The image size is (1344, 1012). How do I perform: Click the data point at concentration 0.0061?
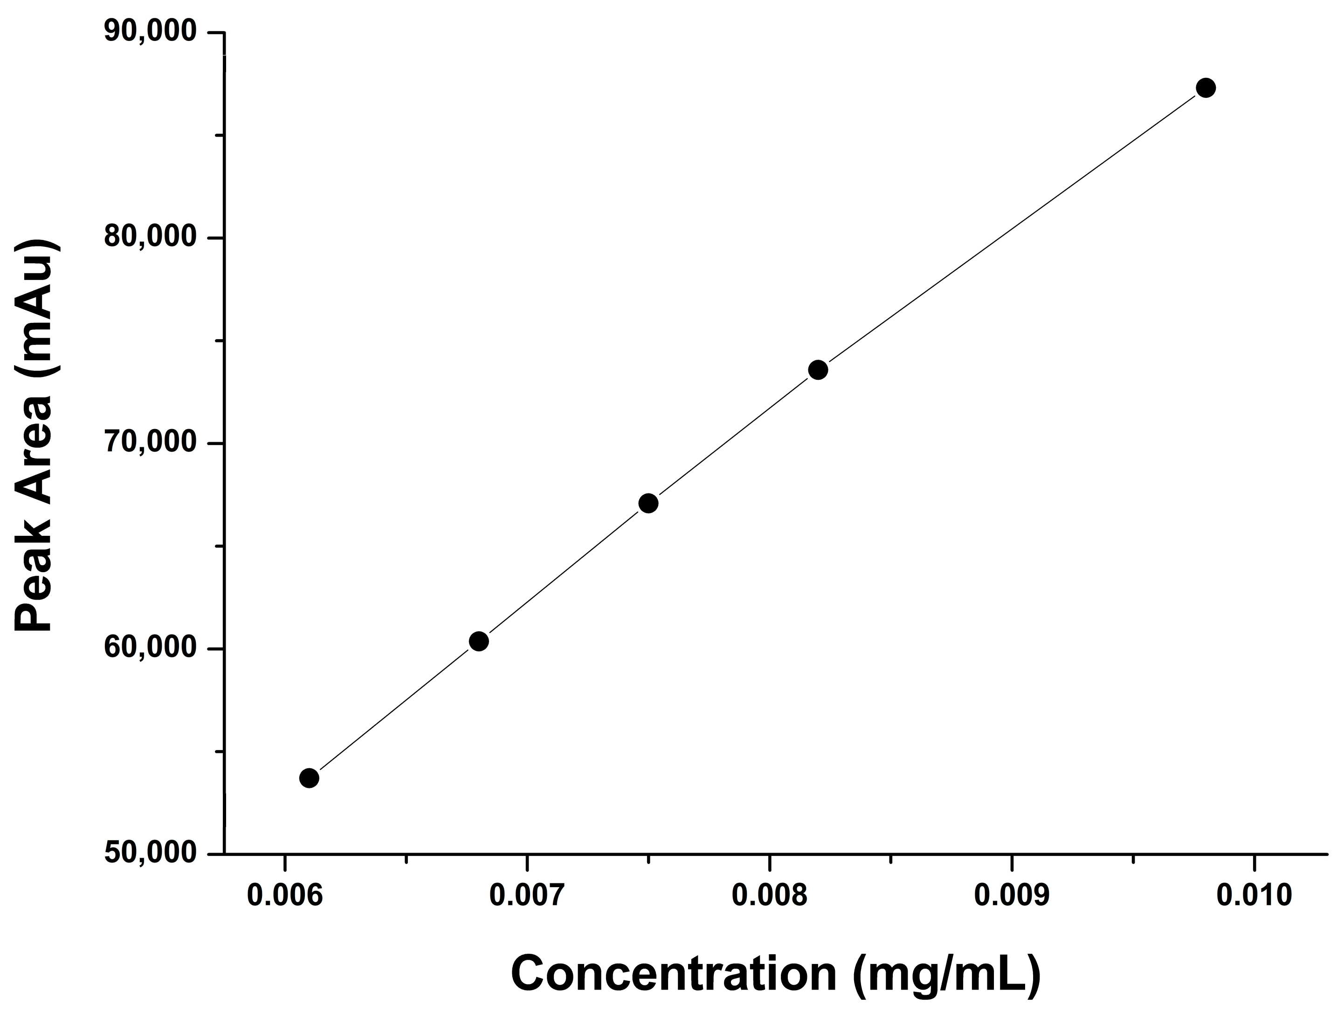point(309,778)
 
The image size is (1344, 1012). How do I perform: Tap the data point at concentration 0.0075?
point(648,504)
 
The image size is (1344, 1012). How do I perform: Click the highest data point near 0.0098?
point(1206,88)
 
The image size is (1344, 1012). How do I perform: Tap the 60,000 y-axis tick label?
point(150,648)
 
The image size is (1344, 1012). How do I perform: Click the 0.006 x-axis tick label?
point(284,896)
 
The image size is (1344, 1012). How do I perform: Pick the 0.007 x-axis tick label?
point(527,896)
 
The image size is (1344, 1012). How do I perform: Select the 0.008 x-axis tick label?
point(769,896)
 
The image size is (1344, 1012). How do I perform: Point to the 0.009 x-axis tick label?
point(1012,896)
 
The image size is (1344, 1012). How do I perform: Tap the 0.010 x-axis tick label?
point(1254,896)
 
